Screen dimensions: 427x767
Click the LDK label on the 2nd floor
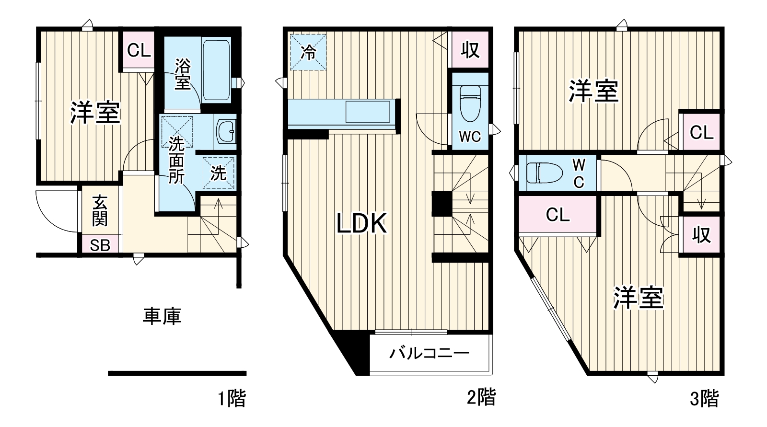[361, 223]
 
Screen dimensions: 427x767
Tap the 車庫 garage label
[162, 316]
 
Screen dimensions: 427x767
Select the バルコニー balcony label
[429, 354]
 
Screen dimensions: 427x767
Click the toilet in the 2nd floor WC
[470, 102]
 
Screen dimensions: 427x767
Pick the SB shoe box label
[100, 245]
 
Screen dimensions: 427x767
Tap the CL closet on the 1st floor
[139, 50]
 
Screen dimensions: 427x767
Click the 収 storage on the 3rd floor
[701, 235]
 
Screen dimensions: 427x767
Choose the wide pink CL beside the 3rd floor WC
[558, 215]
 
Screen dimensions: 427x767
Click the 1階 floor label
[232, 398]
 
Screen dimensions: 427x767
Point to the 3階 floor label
[704, 398]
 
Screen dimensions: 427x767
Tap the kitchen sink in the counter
[368, 113]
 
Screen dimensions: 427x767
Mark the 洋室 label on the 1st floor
[95, 113]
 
